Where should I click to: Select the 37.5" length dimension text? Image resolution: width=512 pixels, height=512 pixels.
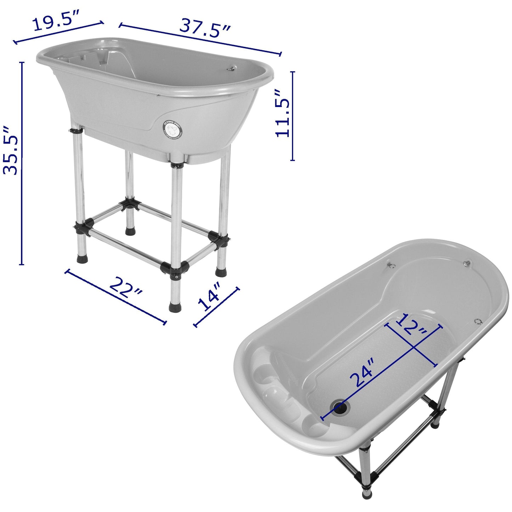click(205, 28)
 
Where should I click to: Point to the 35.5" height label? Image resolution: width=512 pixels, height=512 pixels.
click(11, 150)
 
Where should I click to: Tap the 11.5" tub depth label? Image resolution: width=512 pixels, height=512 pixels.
click(283, 113)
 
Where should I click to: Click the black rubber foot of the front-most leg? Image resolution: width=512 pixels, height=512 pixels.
click(175, 306)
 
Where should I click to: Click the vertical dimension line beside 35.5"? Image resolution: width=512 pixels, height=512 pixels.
click(22, 163)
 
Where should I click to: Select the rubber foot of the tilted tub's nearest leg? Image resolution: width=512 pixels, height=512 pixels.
click(366, 494)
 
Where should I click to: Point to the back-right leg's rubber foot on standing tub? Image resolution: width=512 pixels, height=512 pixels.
click(221, 272)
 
